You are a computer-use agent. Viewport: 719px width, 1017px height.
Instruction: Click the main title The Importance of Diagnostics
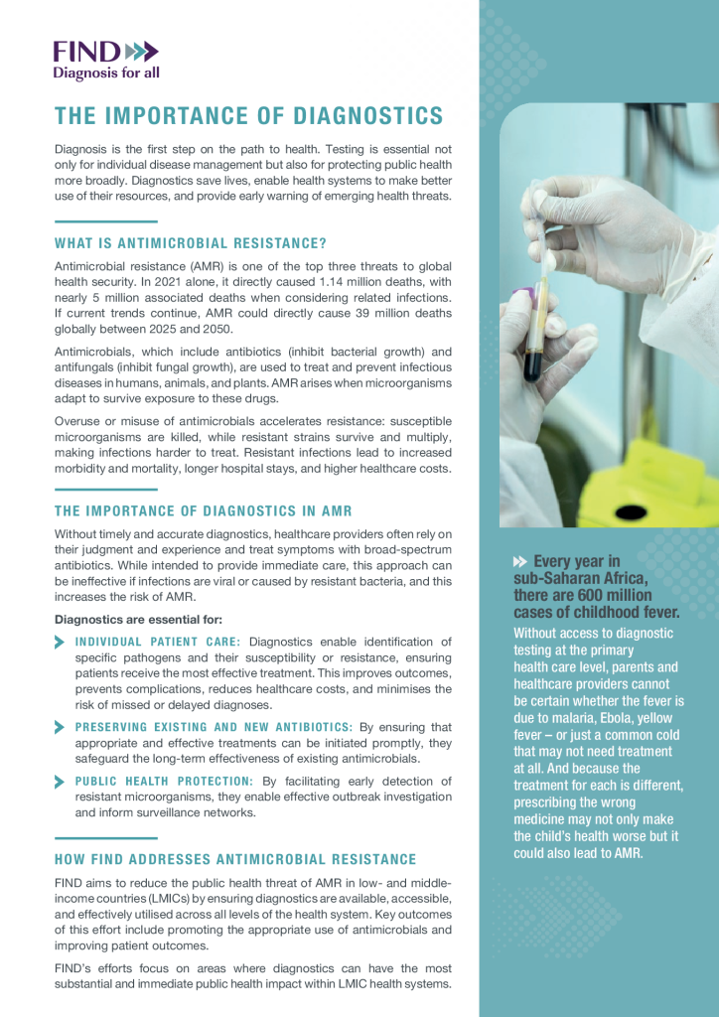(249, 116)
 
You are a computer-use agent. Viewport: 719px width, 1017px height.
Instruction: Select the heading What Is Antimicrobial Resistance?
(191, 243)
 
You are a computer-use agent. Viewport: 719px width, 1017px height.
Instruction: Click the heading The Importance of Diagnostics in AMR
(204, 511)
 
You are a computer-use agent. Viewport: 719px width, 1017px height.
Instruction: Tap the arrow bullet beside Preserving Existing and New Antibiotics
(61, 727)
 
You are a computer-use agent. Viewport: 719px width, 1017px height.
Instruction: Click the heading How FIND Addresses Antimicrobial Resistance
(235, 859)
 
